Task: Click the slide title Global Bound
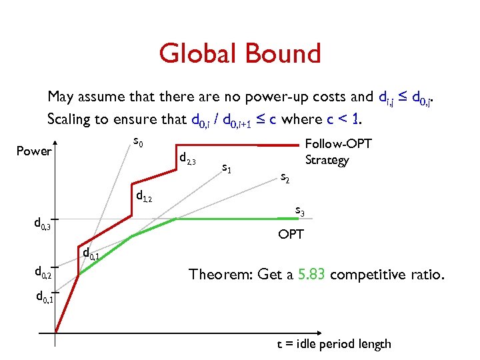(x=240, y=53)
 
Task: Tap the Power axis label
(x=33, y=151)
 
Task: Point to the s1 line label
(x=227, y=169)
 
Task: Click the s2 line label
(x=284, y=177)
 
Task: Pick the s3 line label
(x=300, y=212)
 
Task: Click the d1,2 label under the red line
(x=144, y=196)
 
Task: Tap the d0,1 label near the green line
(x=91, y=253)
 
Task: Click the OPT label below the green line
(x=291, y=234)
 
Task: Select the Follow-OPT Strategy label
(x=338, y=153)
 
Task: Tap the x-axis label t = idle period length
(x=334, y=344)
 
